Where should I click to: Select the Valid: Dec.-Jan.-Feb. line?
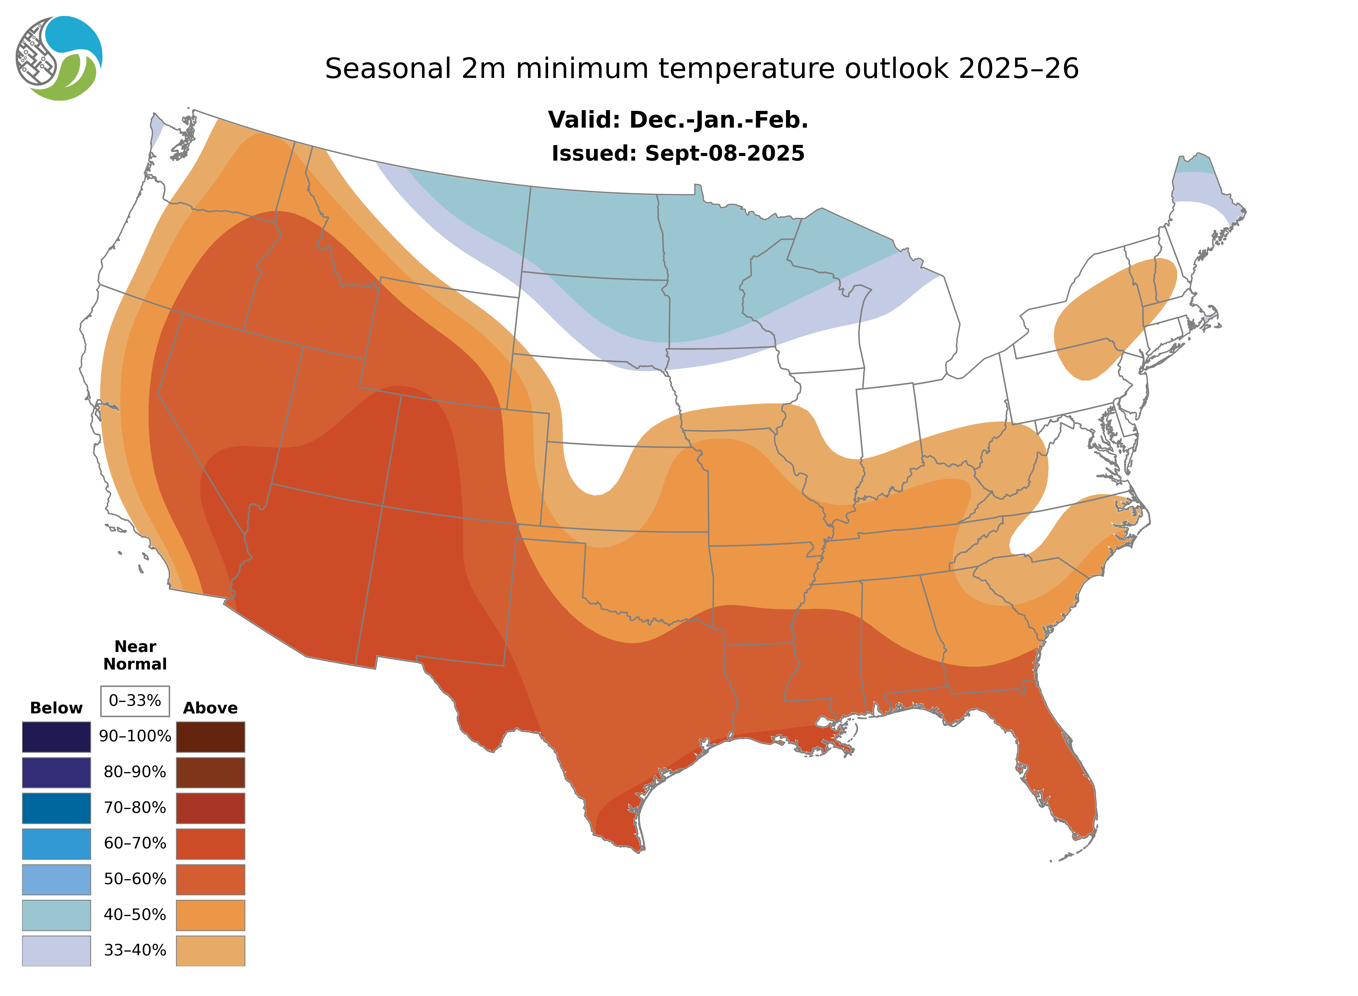(x=677, y=120)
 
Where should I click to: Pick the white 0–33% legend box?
(x=135, y=701)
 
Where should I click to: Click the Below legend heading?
(x=56, y=708)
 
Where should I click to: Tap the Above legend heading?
(x=210, y=708)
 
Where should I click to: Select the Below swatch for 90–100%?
(x=56, y=737)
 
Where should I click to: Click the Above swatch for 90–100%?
(x=210, y=737)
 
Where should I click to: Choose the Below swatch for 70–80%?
(x=56, y=808)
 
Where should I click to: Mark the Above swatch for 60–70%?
(x=210, y=844)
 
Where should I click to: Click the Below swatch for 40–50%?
(x=56, y=915)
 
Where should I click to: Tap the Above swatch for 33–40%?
(x=210, y=950)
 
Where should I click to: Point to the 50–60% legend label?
(x=135, y=879)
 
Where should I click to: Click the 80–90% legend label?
(x=135, y=772)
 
